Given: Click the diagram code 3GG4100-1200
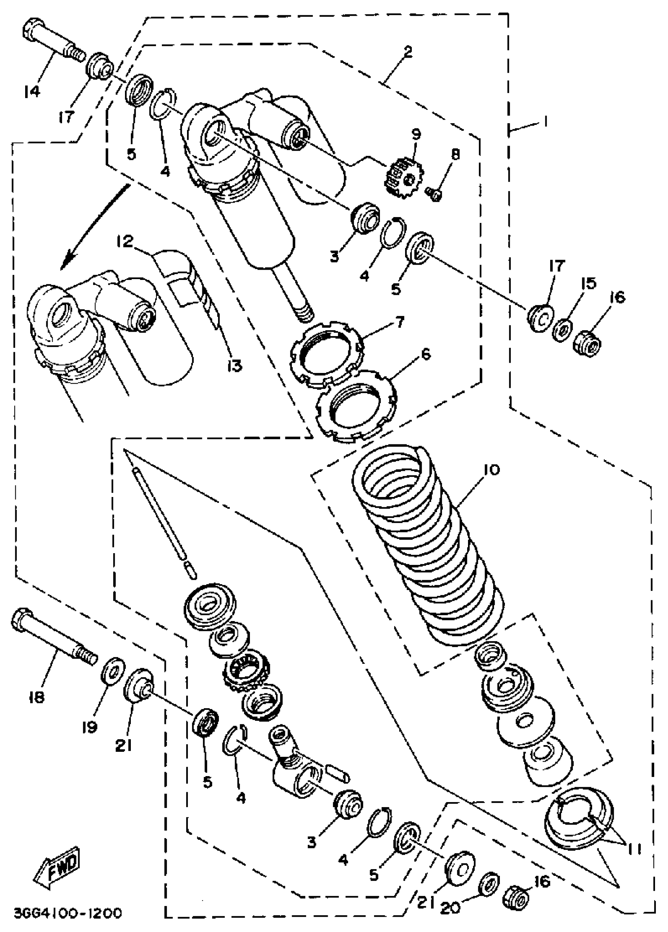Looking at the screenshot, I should click(68, 913).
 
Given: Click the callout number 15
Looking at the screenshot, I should click(589, 283).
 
